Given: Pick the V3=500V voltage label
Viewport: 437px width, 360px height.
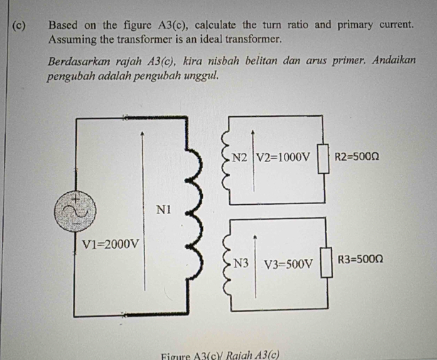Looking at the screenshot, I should pos(288,263).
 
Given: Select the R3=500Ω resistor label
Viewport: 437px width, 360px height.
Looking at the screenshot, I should pos(360,259).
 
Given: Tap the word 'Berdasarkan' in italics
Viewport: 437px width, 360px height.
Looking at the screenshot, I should pos(80,63).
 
